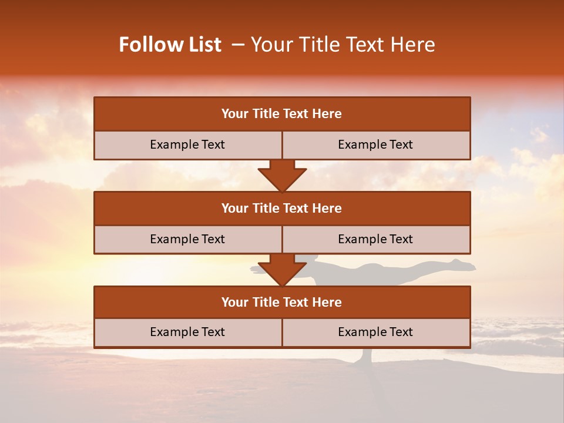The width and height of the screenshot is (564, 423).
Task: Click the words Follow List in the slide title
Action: coord(170,45)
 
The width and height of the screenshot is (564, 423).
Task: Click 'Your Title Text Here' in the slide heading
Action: coord(343,45)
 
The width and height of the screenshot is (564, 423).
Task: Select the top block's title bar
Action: coord(282,114)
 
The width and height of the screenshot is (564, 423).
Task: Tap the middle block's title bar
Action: coord(282,209)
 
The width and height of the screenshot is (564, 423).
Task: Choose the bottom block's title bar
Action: coord(282,303)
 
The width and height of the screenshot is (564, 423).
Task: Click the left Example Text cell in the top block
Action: coord(187,145)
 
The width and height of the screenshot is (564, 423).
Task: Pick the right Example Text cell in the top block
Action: coord(375,145)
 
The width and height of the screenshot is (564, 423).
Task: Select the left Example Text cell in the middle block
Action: coord(187,240)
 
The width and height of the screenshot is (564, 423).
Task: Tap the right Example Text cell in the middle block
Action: coord(375,240)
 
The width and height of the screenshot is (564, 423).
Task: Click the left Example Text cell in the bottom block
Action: coord(187,333)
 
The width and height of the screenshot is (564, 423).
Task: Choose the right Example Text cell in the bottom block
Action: coord(375,333)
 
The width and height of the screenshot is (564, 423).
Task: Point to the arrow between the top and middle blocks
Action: coord(282,176)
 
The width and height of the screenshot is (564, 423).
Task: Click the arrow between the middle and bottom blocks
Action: coord(282,270)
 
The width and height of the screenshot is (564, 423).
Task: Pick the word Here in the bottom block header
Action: coord(327,303)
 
